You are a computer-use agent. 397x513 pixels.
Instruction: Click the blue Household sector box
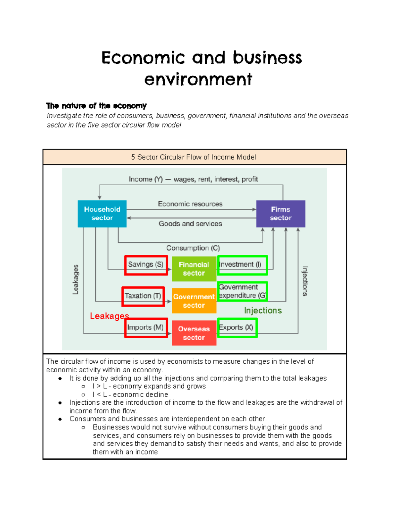click(102, 214)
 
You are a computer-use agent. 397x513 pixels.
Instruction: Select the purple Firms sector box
click(281, 214)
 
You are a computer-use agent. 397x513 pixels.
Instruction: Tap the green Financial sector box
click(194, 269)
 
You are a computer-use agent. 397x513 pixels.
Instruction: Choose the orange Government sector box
click(194, 301)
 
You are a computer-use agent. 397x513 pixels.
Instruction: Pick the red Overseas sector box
click(194, 333)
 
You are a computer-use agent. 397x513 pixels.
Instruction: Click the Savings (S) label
click(146, 265)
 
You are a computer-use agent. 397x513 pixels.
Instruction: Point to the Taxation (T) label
click(143, 296)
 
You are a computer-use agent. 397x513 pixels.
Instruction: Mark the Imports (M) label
click(146, 327)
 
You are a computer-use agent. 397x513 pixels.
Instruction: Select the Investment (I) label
click(241, 265)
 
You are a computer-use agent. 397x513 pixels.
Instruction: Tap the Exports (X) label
click(236, 327)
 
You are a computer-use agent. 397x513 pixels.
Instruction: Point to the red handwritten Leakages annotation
click(109, 316)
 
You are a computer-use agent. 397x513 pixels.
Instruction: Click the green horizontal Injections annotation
click(263, 311)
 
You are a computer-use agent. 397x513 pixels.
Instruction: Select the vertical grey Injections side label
click(305, 281)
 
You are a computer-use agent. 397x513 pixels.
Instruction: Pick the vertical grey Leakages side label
click(76, 279)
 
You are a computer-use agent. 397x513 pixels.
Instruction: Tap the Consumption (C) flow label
click(193, 248)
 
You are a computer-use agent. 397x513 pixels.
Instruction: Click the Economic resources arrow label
click(190, 204)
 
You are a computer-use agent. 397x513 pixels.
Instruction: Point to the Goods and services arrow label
click(190, 224)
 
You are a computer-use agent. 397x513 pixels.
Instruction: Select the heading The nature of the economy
click(96, 106)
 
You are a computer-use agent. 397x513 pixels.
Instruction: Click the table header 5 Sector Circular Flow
click(194, 157)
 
